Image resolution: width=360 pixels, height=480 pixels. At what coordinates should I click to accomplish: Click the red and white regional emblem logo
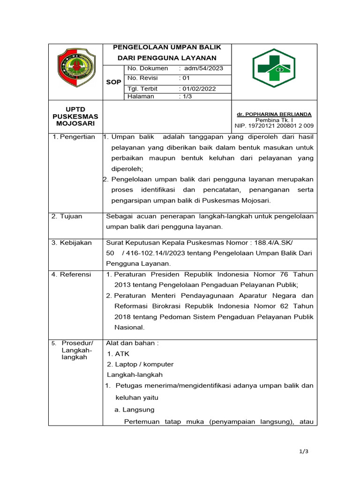(75, 68)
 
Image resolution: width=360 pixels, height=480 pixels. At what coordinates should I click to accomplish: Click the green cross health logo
(274, 68)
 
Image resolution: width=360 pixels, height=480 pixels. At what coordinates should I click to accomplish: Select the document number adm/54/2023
(203, 68)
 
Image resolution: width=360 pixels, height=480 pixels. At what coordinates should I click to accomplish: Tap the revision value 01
(186, 78)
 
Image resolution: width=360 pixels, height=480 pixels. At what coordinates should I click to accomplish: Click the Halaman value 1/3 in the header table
(187, 97)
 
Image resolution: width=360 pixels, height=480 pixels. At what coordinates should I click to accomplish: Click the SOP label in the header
(113, 82)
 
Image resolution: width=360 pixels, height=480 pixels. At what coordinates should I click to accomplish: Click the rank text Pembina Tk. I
(275, 120)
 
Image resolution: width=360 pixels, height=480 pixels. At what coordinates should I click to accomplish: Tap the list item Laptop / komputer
(140, 364)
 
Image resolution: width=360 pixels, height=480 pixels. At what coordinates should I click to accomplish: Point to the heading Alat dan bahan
(133, 343)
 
